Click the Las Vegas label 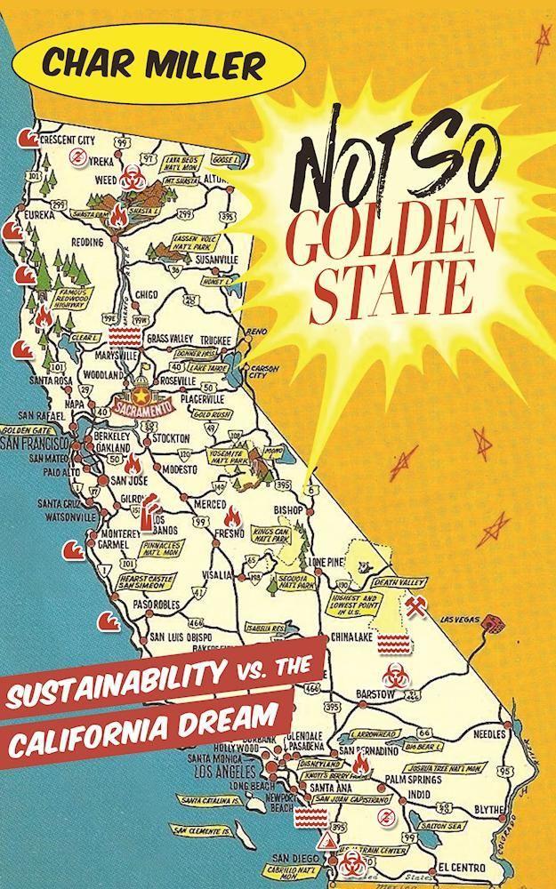click(455, 621)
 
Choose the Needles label click(488, 734)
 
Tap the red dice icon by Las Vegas click(488, 631)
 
